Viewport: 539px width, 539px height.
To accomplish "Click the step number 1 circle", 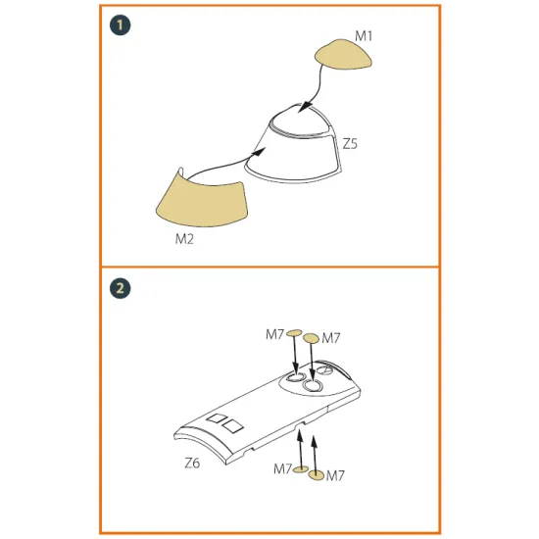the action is (x=120, y=25).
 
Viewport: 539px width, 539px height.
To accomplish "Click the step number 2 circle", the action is (x=120, y=287).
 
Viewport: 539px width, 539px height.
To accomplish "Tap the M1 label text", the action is (x=364, y=36).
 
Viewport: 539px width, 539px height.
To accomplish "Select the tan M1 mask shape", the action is (x=343, y=55).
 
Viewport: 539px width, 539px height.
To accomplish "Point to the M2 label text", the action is (x=184, y=239).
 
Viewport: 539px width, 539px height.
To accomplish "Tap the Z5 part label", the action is (x=350, y=144).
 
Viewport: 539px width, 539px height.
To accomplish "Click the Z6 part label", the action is (x=192, y=463).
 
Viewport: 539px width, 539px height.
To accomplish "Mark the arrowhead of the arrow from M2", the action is (x=259, y=151).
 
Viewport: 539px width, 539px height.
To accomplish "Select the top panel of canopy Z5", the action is (x=300, y=121).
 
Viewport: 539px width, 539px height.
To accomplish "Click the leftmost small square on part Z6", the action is (x=217, y=418).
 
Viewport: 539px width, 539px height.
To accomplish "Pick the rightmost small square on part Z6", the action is (x=232, y=426).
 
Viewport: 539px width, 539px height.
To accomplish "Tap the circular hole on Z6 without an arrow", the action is (x=323, y=370).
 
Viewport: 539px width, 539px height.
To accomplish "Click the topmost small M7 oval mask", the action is (x=294, y=333).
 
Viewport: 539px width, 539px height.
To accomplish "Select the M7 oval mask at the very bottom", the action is (x=317, y=475).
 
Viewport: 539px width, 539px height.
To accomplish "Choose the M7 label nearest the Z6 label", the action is (x=283, y=468).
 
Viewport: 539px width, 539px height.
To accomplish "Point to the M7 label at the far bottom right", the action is (x=335, y=476).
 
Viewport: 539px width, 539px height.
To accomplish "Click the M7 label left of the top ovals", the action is (x=274, y=334).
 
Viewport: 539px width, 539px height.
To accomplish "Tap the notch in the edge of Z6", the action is (x=301, y=426).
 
